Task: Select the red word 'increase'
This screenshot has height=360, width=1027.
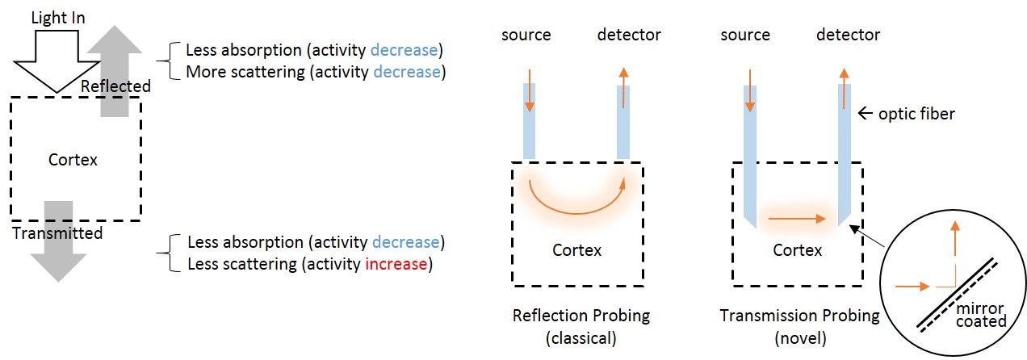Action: pyautogui.click(x=400, y=263)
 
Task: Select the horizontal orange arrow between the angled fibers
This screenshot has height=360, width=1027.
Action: pyautogui.click(x=798, y=218)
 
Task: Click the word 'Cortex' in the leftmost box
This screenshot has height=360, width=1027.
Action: pyautogui.click(x=73, y=160)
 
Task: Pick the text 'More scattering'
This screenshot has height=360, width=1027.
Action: pyautogui.click(x=236, y=71)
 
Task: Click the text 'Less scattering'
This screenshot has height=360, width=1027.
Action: pyautogui.click(x=236, y=263)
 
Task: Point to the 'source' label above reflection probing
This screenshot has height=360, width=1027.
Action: pyautogui.click(x=526, y=35)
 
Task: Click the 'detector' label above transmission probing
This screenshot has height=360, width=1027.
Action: pyautogui.click(x=848, y=35)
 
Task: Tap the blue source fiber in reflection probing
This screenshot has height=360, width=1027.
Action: pyautogui.click(x=530, y=121)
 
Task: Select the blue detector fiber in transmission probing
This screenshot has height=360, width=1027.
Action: pyautogui.click(x=845, y=153)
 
